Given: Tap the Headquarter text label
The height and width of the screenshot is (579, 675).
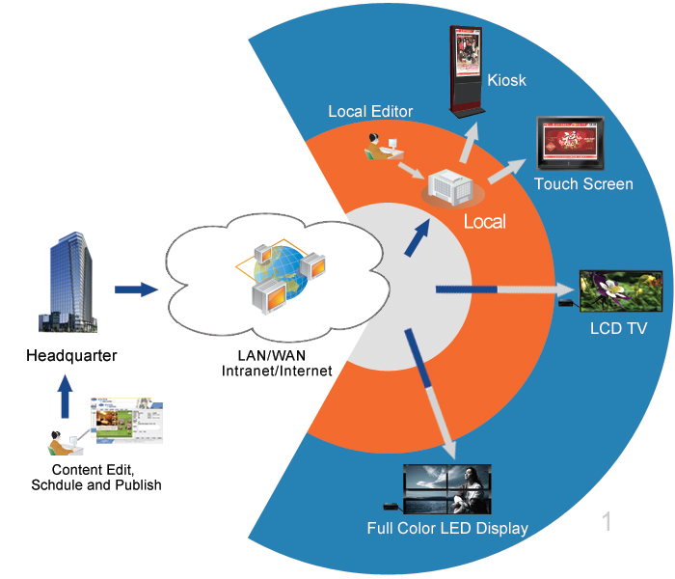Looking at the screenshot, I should [x=71, y=356].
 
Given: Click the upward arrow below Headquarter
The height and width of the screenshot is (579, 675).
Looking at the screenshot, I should [x=65, y=396].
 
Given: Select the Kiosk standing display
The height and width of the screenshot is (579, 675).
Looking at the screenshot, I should [x=468, y=72].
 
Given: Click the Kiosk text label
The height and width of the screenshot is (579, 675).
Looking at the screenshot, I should [x=507, y=80].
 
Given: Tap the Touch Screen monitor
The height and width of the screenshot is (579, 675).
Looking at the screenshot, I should [x=570, y=144].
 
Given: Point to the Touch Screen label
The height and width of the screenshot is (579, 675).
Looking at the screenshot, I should [x=583, y=183].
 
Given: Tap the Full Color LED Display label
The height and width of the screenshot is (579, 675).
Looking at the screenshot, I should [x=447, y=528].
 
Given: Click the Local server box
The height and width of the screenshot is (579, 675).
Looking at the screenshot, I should [x=451, y=188].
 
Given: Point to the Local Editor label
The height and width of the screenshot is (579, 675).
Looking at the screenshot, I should [x=370, y=112].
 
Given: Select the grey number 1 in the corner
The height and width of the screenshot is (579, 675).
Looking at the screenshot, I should [x=607, y=522].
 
